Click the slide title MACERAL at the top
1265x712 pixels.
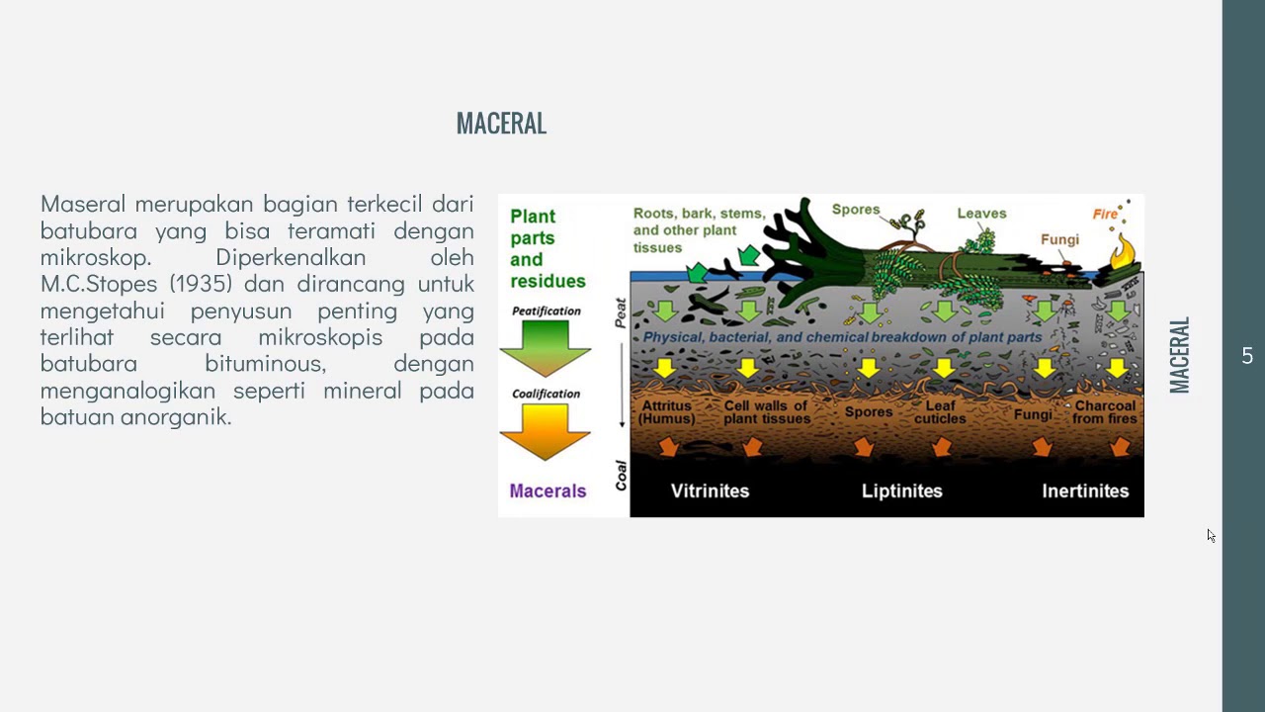tap(501, 124)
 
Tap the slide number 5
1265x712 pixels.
tap(1247, 356)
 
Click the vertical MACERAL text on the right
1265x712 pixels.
tap(1179, 356)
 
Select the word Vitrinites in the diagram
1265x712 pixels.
tap(710, 490)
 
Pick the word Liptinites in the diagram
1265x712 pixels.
tap(901, 490)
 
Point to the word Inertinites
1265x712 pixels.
tap(1085, 490)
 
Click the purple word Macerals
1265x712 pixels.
tap(548, 490)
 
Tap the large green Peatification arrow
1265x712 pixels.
tap(546, 347)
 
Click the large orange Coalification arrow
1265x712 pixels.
tap(546, 431)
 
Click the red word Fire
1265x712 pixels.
tap(1105, 214)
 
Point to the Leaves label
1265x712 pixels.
tap(981, 213)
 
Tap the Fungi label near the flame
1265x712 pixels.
tap(1059, 239)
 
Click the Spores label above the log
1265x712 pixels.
tap(855, 210)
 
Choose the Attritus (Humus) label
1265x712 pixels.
tap(668, 412)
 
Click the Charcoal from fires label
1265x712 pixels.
tap(1105, 412)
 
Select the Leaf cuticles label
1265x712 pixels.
tap(940, 412)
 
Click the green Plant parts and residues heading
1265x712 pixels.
tap(548, 248)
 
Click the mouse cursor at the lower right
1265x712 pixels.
tap(1211, 535)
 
